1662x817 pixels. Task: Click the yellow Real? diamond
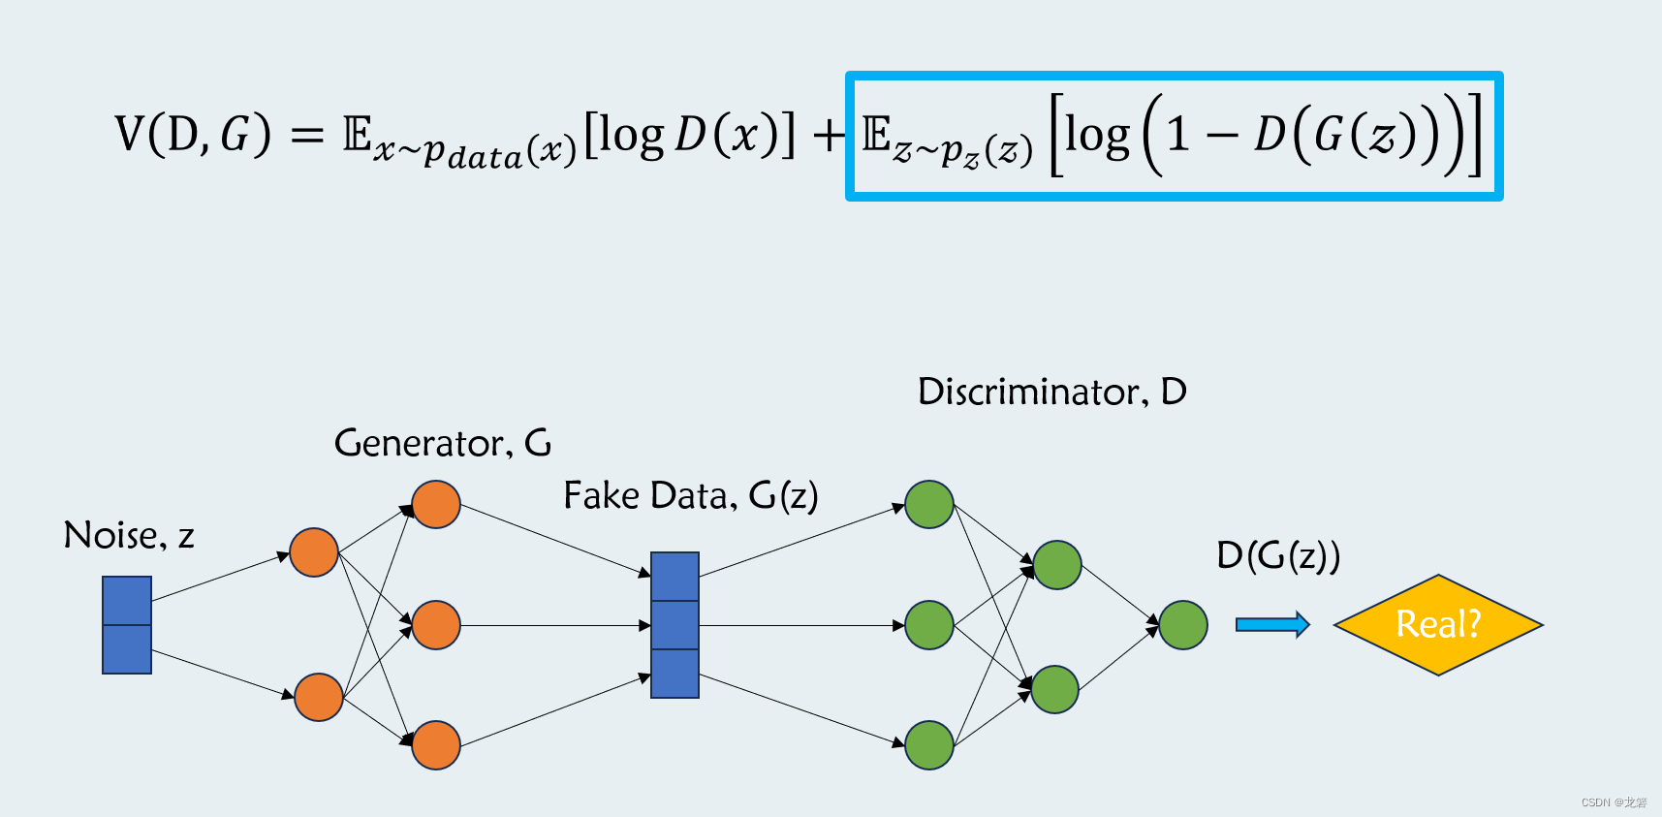point(1438,624)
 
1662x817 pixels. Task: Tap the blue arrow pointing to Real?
point(1272,625)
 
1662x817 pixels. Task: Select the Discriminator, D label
point(1051,392)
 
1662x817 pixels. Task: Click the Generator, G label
point(443,443)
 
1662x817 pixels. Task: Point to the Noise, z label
point(129,535)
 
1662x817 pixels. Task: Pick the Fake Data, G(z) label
point(691,495)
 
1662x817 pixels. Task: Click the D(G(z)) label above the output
point(1278,556)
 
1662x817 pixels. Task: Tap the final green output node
point(1183,625)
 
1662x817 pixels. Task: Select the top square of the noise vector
point(127,601)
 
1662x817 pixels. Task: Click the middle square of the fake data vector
point(675,625)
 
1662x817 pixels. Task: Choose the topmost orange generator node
point(436,504)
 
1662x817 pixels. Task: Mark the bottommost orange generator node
point(436,745)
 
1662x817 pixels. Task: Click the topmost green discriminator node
point(929,504)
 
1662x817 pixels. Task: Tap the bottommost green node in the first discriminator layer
point(929,745)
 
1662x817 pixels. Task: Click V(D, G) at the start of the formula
point(193,134)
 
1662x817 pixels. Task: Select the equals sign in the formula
point(306,136)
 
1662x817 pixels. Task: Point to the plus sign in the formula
point(830,136)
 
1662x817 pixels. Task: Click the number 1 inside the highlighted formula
point(1177,134)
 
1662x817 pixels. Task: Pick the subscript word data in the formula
point(485,157)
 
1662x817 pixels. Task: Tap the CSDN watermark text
point(1614,802)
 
